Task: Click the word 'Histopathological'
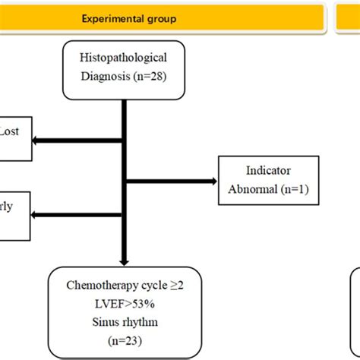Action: (122, 58)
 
